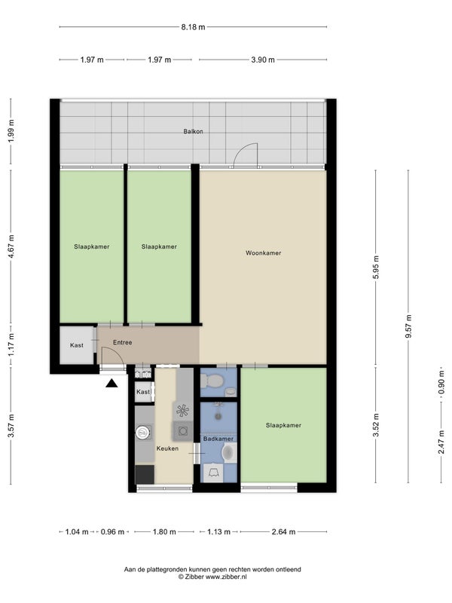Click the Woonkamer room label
(x=263, y=253)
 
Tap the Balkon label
(x=193, y=131)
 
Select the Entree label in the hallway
(x=123, y=342)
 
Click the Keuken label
(x=167, y=448)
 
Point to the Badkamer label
(x=218, y=439)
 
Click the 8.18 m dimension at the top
(x=193, y=27)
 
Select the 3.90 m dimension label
(x=263, y=60)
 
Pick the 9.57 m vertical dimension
(x=408, y=326)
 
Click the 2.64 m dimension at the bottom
(x=284, y=532)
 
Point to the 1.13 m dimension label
(x=218, y=532)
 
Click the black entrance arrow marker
(x=111, y=383)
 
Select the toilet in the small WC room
(x=212, y=381)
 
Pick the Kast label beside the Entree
(x=77, y=345)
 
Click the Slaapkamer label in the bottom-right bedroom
(x=283, y=425)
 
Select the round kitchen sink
(x=142, y=432)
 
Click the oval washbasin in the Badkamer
(x=228, y=453)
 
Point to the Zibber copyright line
(x=212, y=577)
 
